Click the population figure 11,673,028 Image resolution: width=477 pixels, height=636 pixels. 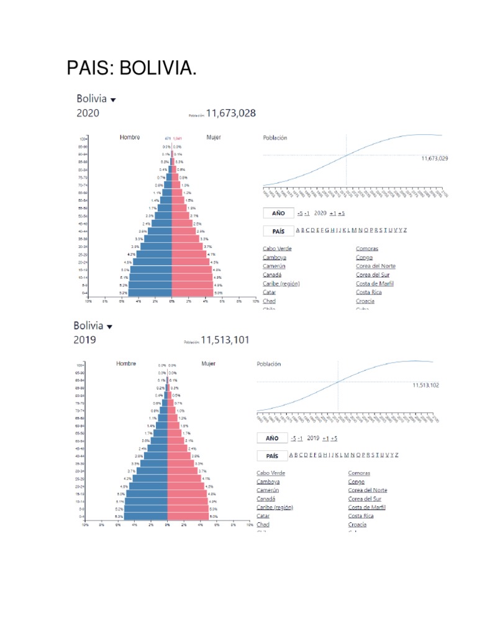click(231, 113)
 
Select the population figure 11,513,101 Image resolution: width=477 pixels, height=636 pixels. click(225, 340)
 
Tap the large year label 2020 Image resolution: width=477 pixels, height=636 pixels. click(88, 114)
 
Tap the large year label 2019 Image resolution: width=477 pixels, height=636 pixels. click(85, 340)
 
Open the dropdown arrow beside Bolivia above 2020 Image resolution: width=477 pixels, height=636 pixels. click(113, 99)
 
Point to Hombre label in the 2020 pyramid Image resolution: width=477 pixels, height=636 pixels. click(130, 137)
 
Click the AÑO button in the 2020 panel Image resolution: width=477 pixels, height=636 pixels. click(278, 213)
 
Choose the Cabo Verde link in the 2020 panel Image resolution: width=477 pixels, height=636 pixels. click(277, 249)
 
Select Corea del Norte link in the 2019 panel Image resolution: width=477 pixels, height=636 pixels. click(368, 490)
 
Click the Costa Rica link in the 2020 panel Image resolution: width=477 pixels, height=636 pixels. click(369, 293)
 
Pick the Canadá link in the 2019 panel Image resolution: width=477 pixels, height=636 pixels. click(266, 499)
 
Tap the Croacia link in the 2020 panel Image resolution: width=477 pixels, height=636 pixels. click(365, 301)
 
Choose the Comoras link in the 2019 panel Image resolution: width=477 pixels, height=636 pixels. click(359, 473)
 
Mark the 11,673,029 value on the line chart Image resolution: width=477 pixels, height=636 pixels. click(434, 158)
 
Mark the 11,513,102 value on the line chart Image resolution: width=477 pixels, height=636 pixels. click(425, 385)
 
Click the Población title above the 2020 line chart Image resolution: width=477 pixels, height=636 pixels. click(275, 138)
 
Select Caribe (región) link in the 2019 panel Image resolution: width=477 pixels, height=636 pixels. click(275, 507)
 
